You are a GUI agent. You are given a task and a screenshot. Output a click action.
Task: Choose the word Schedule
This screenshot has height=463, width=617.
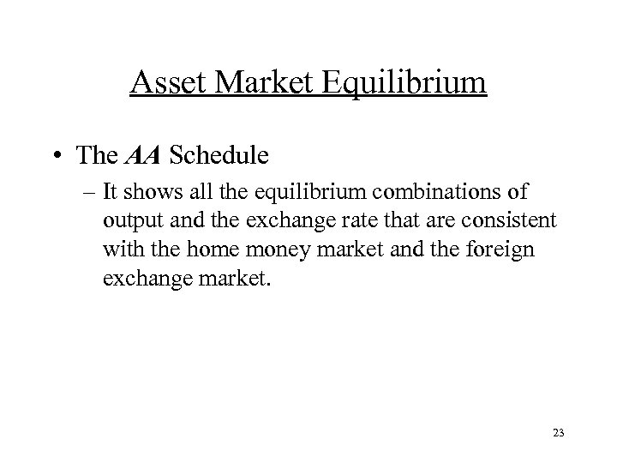pos(220,155)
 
